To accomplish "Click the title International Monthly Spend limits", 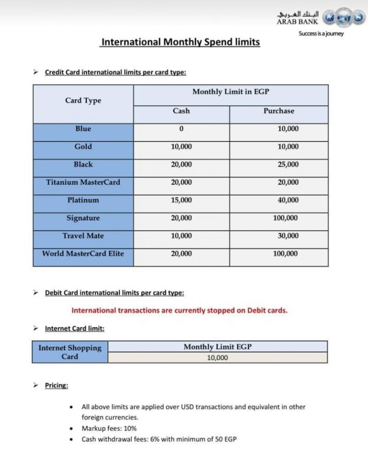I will pos(180,42).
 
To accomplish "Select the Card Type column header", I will pos(83,101).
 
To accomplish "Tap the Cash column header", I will pos(181,111).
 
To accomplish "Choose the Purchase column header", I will pos(279,111).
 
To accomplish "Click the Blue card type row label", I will pos(83,129).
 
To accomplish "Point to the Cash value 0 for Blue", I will pos(181,129).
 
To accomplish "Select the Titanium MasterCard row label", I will pos(83,182).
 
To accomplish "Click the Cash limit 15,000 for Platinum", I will pos(181,200).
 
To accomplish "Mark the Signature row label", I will pos(83,218).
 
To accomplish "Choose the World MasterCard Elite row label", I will pos(83,253).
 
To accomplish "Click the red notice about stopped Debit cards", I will pos(180,310).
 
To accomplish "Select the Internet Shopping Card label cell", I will pos(70,352).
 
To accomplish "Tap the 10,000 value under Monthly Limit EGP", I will pos(218,358).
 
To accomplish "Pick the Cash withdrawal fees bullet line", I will pos(159,439).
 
